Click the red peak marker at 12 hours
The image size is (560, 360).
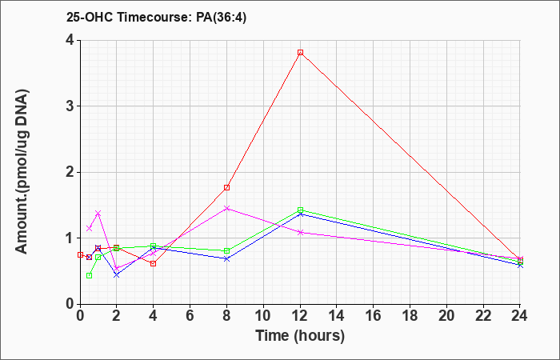tap(300, 53)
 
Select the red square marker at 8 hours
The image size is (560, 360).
tap(226, 187)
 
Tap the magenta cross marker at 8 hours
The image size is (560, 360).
tap(226, 208)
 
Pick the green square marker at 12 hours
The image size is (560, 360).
tap(300, 210)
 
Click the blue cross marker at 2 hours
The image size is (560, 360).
tap(117, 274)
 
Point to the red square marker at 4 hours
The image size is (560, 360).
tap(154, 263)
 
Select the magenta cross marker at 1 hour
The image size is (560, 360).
tap(98, 214)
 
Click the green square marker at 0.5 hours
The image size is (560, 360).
tap(90, 275)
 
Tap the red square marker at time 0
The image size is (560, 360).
tap(80, 254)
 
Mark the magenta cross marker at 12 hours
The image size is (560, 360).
tap(300, 233)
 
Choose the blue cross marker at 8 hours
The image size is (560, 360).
tap(226, 258)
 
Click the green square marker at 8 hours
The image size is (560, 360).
tap(226, 250)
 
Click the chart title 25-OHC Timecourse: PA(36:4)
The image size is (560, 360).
tap(157, 18)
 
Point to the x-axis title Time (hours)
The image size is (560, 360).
tap(300, 336)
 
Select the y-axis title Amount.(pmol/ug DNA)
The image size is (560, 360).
tap(22, 171)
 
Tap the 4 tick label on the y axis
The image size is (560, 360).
tap(70, 40)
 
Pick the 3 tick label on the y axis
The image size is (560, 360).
tap(70, 106)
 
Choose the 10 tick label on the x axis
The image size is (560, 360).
tap(263, 316)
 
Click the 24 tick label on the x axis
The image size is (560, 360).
tap(520, 316)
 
